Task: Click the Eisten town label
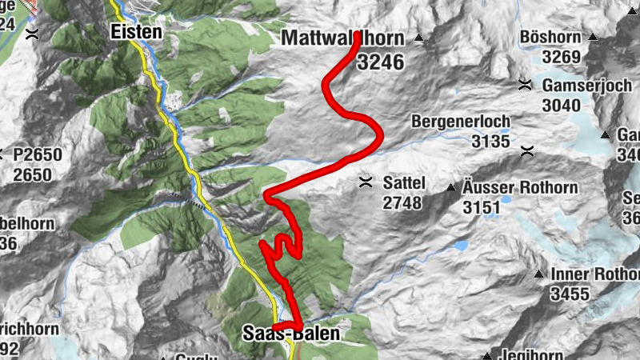[135, 33]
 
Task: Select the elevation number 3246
[380, 62]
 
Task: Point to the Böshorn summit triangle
[593, 37]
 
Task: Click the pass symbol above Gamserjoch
[525, 84]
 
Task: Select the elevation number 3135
[490, 142]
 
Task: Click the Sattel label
[402, 182]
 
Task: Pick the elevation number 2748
[402, 203]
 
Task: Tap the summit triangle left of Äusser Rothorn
[451, 188]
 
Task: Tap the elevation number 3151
[481, 208]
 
